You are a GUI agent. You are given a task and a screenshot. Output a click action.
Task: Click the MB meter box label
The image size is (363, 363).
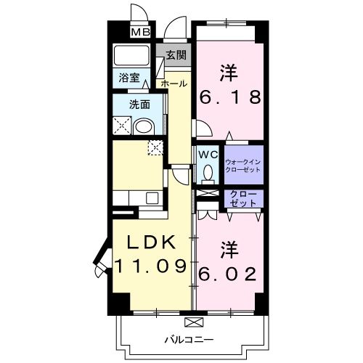coord(140,32)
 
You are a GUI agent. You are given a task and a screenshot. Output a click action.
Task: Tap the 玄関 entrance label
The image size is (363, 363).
coord(176,55)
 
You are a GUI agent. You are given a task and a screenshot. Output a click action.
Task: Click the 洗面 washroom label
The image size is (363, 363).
coord(139,104)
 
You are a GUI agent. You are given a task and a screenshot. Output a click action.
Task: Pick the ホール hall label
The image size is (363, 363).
coord(174,83)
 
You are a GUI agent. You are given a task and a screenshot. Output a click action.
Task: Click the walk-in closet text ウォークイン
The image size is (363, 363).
coord(242,161)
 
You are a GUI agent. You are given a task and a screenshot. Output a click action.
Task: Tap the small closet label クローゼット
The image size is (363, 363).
coord(242,198)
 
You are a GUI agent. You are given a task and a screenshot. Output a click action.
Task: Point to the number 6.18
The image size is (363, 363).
coord(230,99)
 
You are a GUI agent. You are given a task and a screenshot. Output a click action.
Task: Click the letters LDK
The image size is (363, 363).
coord(153,242)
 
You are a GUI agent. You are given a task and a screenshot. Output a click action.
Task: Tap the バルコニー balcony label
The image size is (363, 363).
coord(188,339)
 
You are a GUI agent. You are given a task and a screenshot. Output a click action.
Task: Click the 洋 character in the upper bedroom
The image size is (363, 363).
coord(229,73)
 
